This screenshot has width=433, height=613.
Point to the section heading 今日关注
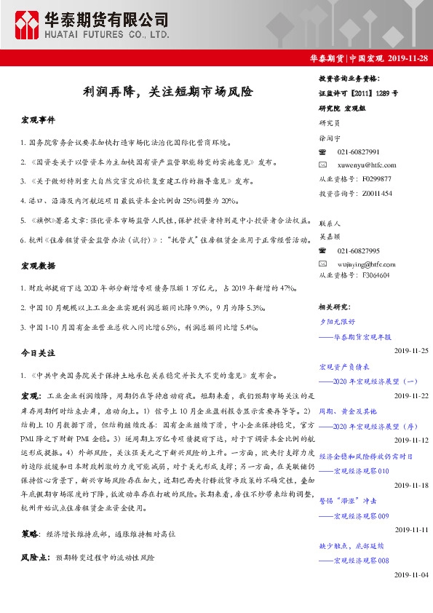tap(38, 352)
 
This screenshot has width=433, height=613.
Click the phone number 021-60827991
tap(358, 151)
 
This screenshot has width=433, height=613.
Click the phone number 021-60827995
tap(358, 250)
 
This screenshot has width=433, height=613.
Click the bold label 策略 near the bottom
tap(30, 534)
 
